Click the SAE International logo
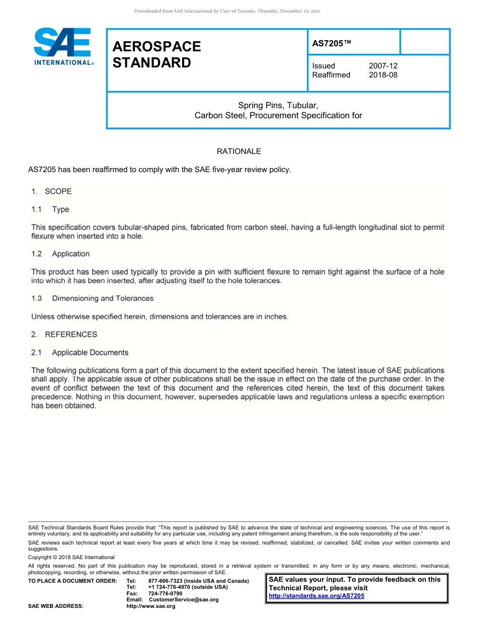[x=63, y=47]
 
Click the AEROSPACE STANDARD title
[x=156, y=54]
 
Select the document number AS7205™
[x=332, y=44]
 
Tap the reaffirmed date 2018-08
[x=383, y=75]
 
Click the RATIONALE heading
[x=238, y=151]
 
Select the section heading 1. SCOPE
[x=51, y=191]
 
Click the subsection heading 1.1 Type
[x=50, y=209]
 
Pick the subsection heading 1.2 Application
[x=60, y=254]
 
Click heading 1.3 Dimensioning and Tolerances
[x=92, y=298]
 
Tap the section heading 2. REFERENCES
[x=64, y=334]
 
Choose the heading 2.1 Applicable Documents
[x=79, y=353]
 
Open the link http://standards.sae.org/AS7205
[x=316, y=596]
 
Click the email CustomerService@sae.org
[x=184, y=599]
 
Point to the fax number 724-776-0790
[x=165, y=593]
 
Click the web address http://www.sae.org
[x=150, y=606]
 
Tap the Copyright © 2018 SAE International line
[x=71, y=557]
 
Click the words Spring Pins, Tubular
[x=278, y=105]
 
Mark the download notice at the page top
[x=227, y=11]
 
